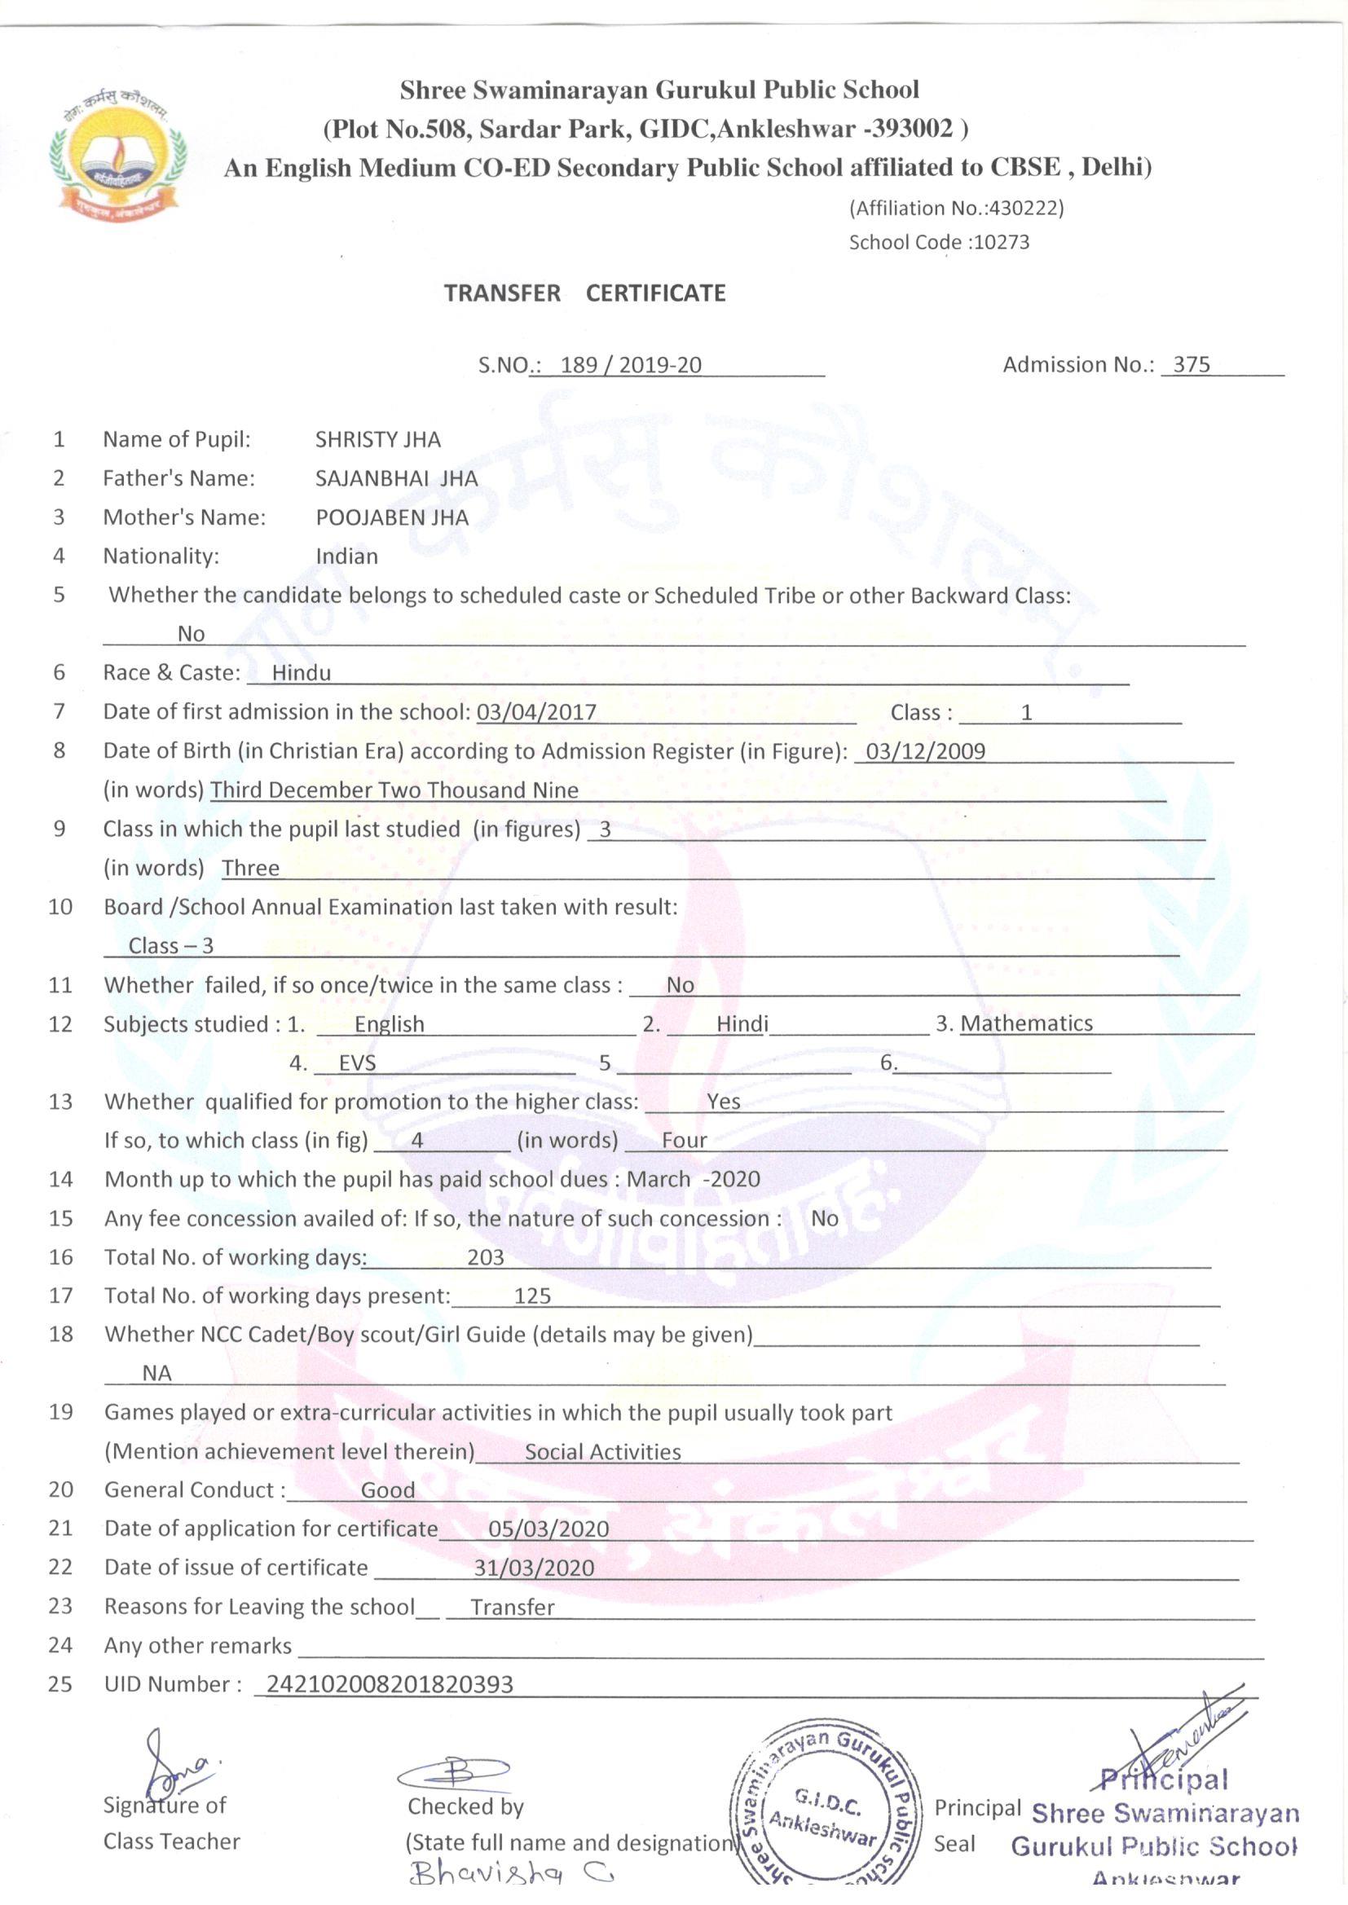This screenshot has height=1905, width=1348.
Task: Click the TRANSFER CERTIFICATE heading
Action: [584, 293]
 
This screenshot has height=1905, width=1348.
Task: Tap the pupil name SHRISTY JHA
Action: [377, 439]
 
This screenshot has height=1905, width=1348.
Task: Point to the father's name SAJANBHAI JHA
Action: [396, 478]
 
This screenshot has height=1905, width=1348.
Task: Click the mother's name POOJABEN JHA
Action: [392, 517]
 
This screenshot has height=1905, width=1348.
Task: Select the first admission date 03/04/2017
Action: [536, 712]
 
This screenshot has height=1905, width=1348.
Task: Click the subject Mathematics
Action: [1026, 1023]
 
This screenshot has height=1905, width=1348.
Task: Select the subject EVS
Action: [357, 1062]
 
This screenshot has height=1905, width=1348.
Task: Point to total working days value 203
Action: [486, 1257]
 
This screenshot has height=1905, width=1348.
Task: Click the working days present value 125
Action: [532, 1296]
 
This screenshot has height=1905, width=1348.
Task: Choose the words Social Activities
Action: [602, 1452]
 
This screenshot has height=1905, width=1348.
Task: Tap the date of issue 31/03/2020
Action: [534, 1568]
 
